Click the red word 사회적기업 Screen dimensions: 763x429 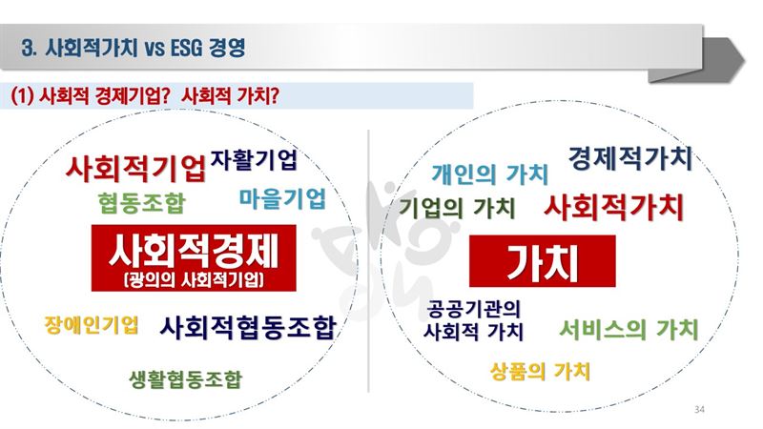136,169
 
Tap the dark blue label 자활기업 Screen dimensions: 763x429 254,159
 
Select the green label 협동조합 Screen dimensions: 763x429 141,203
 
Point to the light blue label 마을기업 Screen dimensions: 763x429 282,198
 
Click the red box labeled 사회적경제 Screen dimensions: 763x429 194,257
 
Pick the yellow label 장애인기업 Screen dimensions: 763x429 92,325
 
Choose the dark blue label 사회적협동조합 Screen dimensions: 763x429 248,327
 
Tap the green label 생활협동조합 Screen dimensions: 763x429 185,379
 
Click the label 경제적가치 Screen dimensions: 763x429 630,158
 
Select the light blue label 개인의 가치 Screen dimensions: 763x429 490,174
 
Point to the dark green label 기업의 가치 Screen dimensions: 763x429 457,208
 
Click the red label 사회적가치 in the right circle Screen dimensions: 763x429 614,207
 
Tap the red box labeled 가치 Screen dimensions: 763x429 542,261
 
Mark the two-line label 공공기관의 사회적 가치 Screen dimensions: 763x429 473,320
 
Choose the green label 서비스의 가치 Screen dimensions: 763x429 629,330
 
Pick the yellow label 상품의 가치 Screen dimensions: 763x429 540,372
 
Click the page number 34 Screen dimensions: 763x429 699,410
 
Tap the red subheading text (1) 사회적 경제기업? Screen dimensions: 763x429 90,95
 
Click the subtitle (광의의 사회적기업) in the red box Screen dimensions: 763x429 194,279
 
